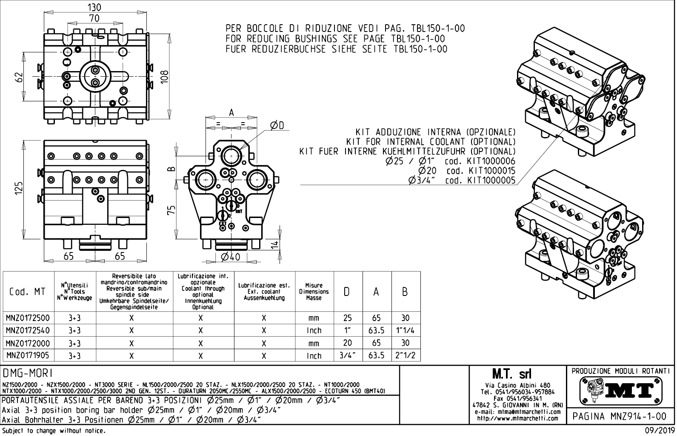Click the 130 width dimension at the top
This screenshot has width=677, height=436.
click(x=95, y=7)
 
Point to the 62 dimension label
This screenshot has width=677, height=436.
click(x=18, y=77)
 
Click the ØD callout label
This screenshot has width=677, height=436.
click(x=277, y=124)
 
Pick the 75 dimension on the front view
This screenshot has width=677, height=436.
click(x=171, y=210)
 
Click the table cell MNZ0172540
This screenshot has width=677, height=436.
click(x=28, y=330)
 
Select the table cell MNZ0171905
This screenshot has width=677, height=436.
click(x=28, y=356)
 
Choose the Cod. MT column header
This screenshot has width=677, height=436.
click(x=28, y=292)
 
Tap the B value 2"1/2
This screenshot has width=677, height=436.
click(x=405, y=356)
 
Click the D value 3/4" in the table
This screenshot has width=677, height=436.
click(x=347, y=356)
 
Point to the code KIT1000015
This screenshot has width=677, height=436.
click(x=491, y=171)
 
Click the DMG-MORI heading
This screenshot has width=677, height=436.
click(x=28, y=373)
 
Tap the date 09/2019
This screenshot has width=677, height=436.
click(x=657, y=431)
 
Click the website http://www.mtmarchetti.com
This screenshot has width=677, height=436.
click(x=517, y=418)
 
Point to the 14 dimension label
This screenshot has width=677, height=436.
click(x=275, y=244)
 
